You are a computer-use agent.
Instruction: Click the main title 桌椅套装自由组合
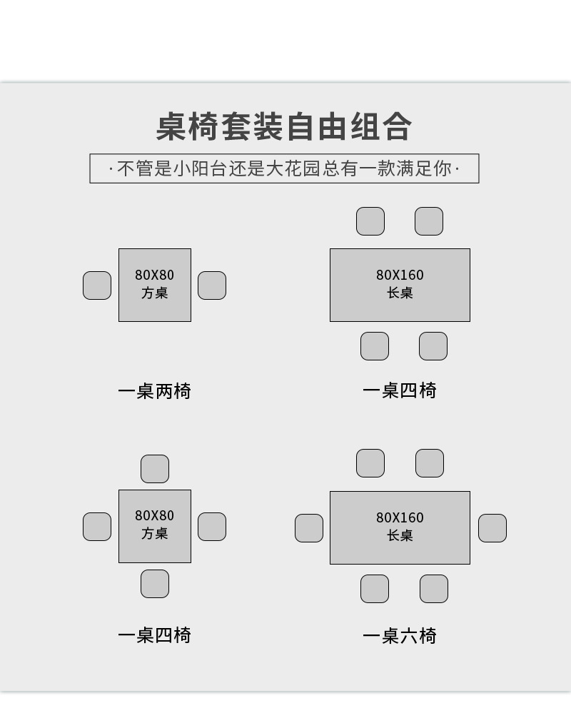[x=284, y=127]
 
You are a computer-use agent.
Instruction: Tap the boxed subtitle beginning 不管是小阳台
[x=284, y=168]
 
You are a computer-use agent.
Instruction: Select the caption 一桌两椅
[x=154, y=391]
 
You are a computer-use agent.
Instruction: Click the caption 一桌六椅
[x=399, y=636]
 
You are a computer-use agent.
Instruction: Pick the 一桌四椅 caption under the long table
[x=399, y=390]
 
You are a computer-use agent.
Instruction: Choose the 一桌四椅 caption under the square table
[x=154, y=635]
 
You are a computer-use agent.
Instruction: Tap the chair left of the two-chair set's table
[x=97, y=285]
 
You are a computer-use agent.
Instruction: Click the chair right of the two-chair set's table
[x=212, y=285]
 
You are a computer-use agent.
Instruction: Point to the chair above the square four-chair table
[x=155, y=469]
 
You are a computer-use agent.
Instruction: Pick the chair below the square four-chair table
[x=155, y=584]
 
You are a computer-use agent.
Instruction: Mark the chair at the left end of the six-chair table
[x=309, y=528]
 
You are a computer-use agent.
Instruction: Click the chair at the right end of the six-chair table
[x=492, y=528]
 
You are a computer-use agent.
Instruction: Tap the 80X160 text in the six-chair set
[x=400, y=517]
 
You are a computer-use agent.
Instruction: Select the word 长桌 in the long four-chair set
[x=400, y=293]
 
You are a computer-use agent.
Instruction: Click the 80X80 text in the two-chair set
[x=154, y=275]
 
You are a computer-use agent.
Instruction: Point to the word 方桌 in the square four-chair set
[x=154, y=533]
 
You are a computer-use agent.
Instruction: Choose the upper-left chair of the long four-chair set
[x=370, y=221]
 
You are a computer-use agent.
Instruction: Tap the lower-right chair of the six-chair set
[x=434, y=589]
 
